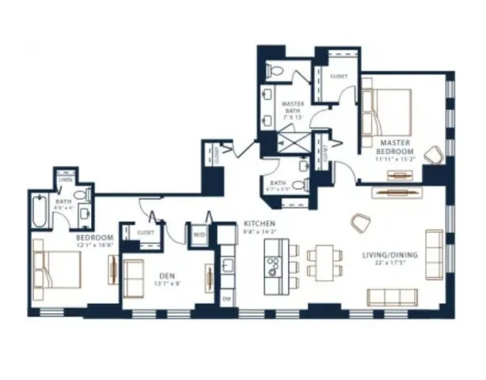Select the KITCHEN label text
pos(259,223)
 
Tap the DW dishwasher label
pos(226,299)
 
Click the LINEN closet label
pos(65,179)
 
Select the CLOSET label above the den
pos(146,234)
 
